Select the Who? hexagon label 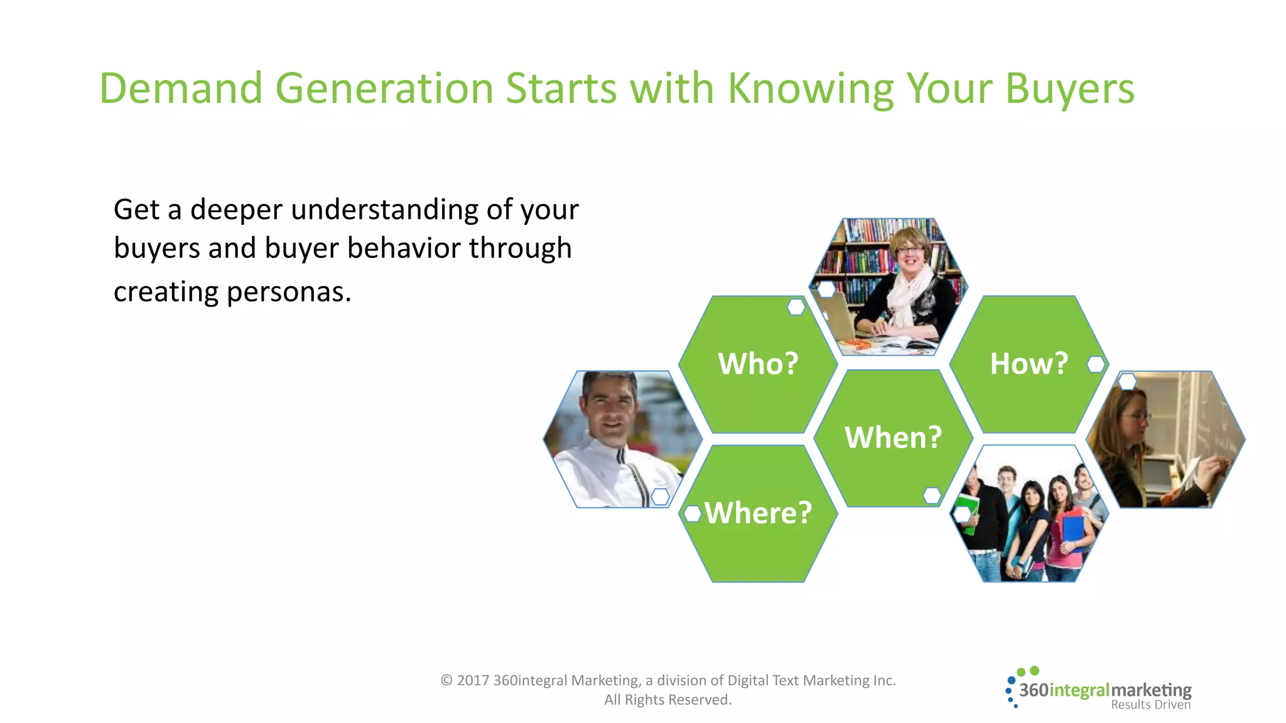click(758, 363)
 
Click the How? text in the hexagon click(1029, 363)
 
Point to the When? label click(893, 437)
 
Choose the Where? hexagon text click(758, 513)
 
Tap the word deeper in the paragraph click(236, 210)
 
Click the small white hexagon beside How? click(1096, 364)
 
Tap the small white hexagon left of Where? click(692, 513)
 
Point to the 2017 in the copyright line click(473, 680)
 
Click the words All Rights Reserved click(667, 700)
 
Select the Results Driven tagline click(1150, 705)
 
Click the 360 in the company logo click(1034, 690)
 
